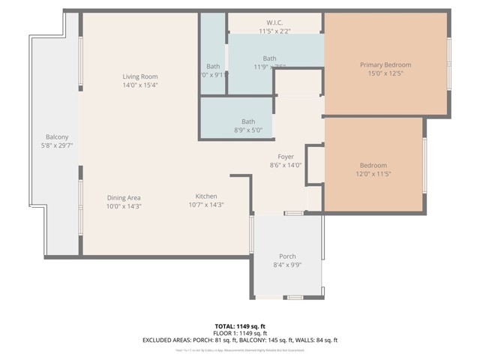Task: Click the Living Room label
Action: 140,76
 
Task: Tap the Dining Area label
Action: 124,197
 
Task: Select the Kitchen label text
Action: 206,196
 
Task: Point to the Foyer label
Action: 285,157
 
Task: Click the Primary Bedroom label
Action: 385,64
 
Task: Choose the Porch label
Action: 287,256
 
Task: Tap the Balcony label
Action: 57,136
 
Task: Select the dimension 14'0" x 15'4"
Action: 140,85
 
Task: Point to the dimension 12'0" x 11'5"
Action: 373,173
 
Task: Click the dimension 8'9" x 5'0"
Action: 247,130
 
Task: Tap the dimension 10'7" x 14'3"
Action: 206,205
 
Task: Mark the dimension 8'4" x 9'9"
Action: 287,264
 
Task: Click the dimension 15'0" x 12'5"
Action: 385,73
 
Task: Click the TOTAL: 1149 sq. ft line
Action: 240,326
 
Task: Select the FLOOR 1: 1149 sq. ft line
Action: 240,333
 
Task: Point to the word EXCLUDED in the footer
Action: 160,340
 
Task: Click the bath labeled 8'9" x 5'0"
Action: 247,121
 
